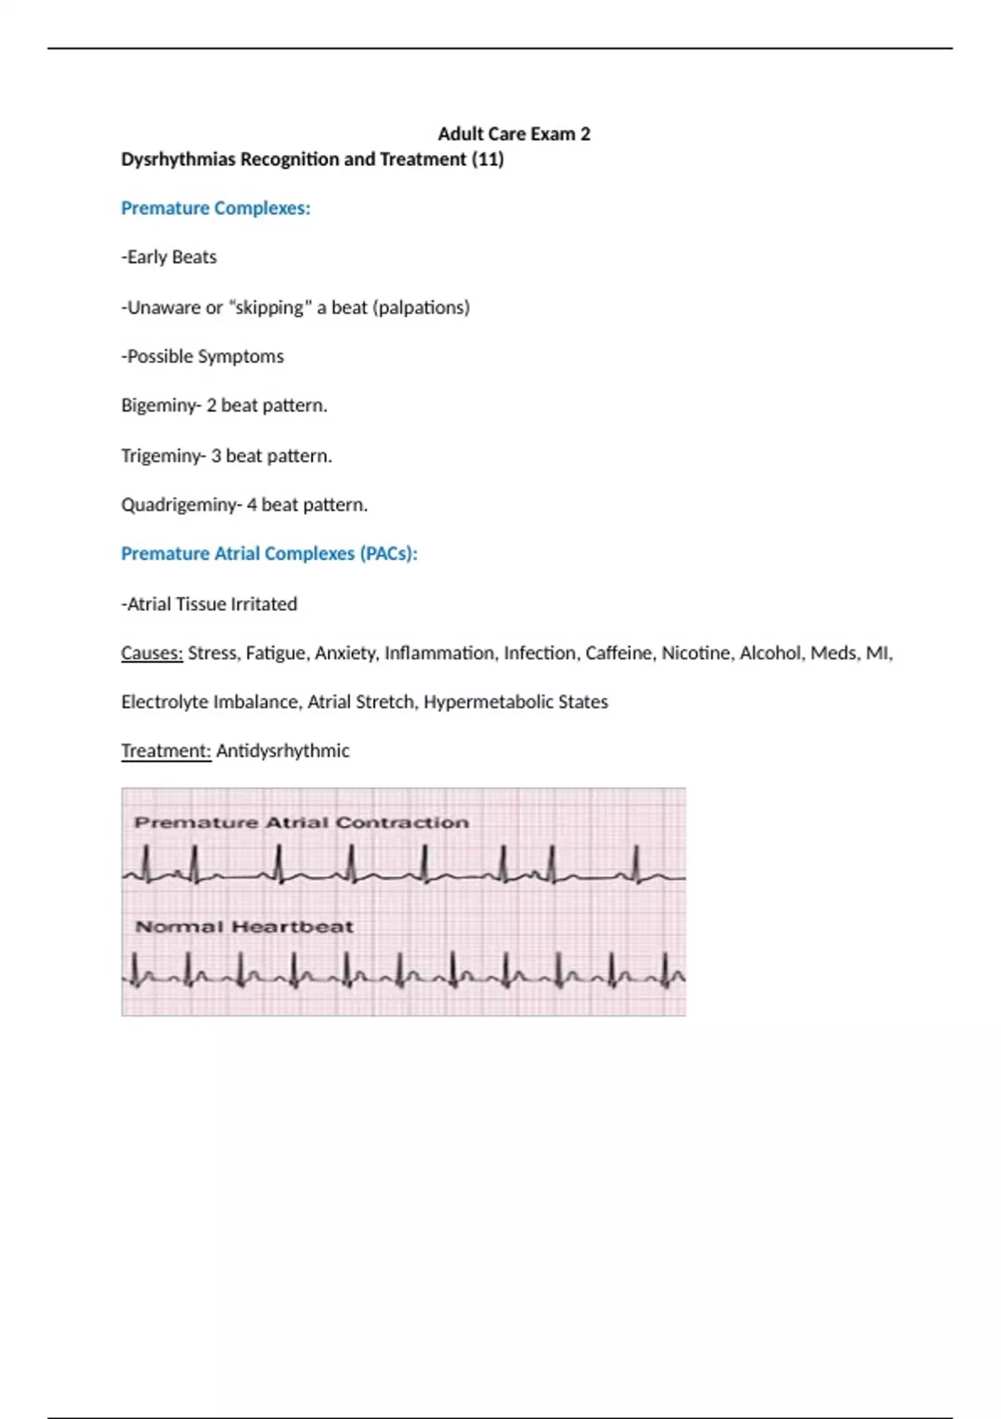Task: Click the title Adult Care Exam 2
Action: (x=514, y=134)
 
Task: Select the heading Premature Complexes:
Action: (x=215, y=208)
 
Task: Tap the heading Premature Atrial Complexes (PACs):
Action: (x=269, y=553)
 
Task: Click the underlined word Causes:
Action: (x=151, y=653)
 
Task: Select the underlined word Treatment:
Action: (x=165, y=750)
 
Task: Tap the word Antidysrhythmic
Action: (x=283, y=750)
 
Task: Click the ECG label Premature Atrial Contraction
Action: (x=301, y=823)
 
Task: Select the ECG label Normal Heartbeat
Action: (x=244, y=927)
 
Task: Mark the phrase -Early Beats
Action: (x=169, y=257)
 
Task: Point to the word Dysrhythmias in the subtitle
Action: (x=178, y=159)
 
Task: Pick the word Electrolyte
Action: (x=164, y=702)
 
